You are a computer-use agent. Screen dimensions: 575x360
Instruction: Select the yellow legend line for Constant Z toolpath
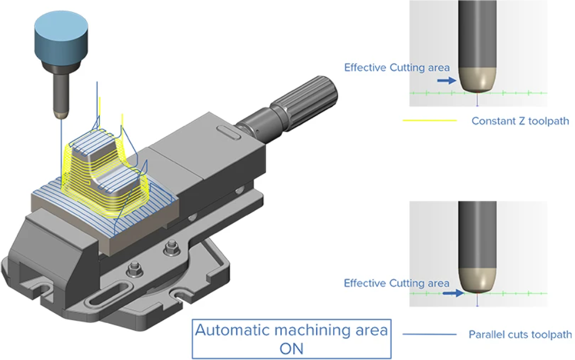[x=430, y=120]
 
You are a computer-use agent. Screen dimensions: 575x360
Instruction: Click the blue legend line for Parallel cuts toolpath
[x=429, y=334]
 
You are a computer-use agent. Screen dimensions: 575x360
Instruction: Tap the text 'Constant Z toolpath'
[x=520, y=121]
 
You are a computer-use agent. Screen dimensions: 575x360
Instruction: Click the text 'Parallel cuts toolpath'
[x=520, y=334]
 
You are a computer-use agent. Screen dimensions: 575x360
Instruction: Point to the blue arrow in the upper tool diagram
[x=447, y=80]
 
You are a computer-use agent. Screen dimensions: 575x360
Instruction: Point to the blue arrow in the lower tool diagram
[x=453, y=293]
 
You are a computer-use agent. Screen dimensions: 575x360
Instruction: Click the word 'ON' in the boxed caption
[x=291, y=349]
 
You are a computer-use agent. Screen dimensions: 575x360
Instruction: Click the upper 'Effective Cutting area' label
[x=397, y=68]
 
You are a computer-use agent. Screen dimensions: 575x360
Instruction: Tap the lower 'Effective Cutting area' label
[x=396, y=283]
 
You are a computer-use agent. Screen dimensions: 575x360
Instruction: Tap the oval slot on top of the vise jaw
[x=229, y=132]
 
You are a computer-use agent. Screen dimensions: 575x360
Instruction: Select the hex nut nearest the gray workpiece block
[x=170, y=248]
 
